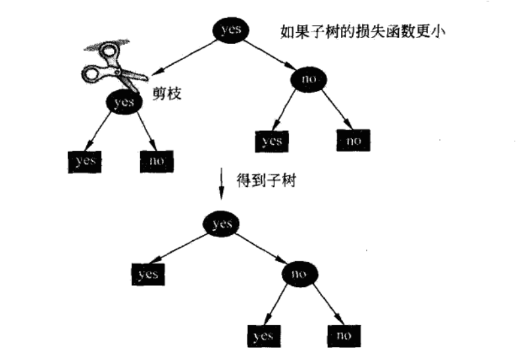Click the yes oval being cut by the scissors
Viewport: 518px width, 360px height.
tap(124, 102)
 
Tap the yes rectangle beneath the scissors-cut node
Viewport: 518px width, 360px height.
tap(86, 160)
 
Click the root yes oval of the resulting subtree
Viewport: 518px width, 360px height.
tap(222, 224)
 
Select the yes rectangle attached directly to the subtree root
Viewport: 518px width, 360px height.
tap(148, 274)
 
